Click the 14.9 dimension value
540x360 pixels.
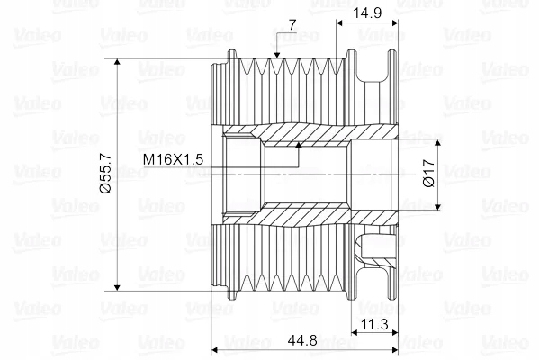367,13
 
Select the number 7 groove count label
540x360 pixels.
292,25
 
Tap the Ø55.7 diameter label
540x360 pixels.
105,174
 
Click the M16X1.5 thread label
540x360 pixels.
173,159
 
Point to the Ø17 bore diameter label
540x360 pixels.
428,174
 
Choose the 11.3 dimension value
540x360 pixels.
374,324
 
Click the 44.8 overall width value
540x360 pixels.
302,341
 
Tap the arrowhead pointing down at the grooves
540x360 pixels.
277,55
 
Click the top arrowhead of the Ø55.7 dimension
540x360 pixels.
117,62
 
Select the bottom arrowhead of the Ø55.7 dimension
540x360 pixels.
117,287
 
